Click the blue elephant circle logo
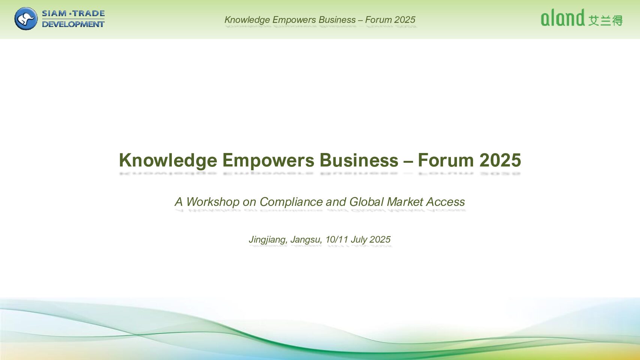coord(26,19)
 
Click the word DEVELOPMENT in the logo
coord(73,24)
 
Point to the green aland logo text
coord(563,18)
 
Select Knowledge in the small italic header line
coord(247,20)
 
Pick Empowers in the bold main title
coord(268,160)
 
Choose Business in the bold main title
coord(359,160)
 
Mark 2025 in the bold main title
coord(500,160)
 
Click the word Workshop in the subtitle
coord(213,202)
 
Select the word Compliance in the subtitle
coord(291,202)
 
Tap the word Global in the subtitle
coord(367,202)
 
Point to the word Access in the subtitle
coord(445,202)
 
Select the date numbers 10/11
coord(337,239)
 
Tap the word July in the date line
coord(359,240)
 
